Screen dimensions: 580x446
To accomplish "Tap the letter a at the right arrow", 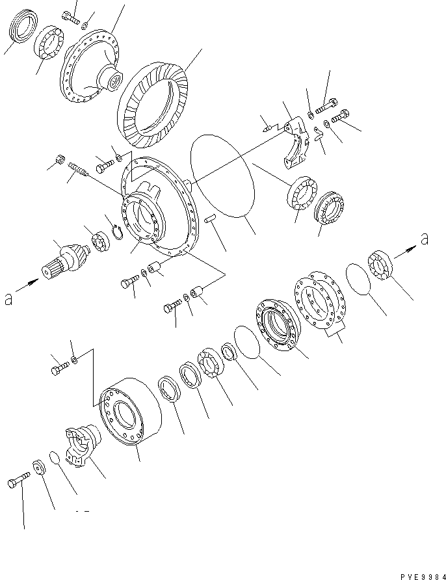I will pos(424,239).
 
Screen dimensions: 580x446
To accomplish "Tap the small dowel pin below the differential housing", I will pos(209,222).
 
